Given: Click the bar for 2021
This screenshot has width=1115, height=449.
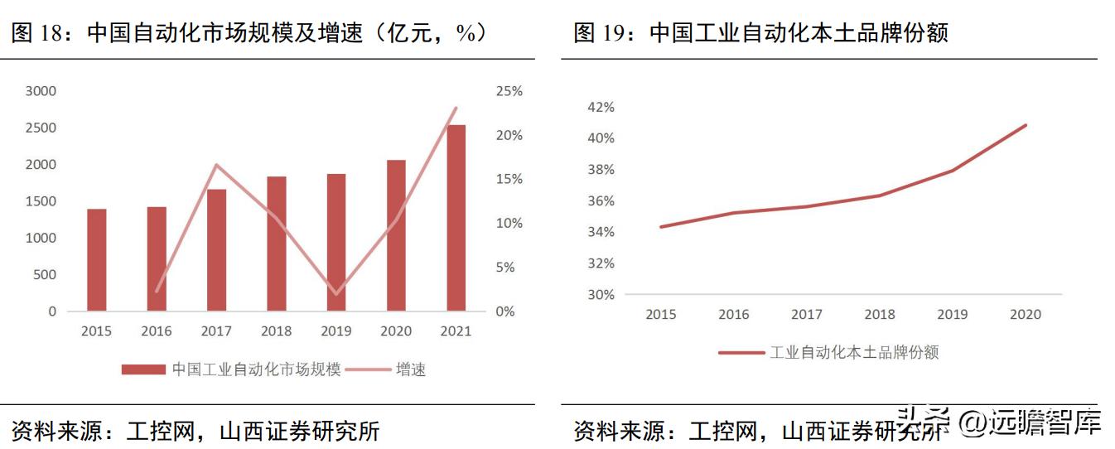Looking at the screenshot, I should pos(456,218).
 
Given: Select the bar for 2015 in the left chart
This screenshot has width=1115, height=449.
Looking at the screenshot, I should pos(96,260).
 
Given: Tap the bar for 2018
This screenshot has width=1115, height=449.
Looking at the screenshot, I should pos(276,244).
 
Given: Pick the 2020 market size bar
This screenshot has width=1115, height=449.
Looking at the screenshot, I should pos(396,235).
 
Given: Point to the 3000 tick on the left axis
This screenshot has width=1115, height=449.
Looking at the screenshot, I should pos(41,91).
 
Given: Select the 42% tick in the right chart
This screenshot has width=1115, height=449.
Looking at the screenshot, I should pos(601,107).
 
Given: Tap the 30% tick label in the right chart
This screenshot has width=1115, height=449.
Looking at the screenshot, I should pos(601,295).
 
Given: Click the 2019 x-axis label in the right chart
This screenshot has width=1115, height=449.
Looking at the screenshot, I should pos(952,315).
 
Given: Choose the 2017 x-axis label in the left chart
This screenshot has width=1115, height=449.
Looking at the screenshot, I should pos(216,331).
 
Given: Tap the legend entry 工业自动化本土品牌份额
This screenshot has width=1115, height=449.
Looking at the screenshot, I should pos(854,352).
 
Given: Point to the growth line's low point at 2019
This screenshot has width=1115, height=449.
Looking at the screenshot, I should pos(335,294).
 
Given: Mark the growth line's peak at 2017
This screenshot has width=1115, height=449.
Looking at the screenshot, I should pos(216,165).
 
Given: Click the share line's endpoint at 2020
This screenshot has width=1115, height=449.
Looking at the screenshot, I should pos(1026,126).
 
